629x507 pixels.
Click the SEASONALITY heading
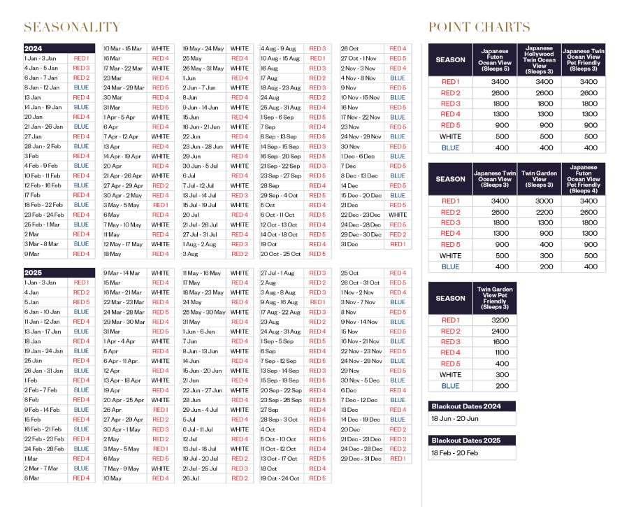click(72, 27)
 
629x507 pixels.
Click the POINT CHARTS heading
click(479, 27)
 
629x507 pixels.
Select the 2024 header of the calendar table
click(33, 48)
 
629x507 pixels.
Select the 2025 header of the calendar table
click(33, 272)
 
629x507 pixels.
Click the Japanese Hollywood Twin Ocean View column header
click(539, 60)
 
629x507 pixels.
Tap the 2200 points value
click(539, 212)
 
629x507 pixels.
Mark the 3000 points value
click(539, 201)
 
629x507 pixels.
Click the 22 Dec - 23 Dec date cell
click(361, 215)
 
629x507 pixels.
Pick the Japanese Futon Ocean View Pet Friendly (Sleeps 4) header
click(584, 179)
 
